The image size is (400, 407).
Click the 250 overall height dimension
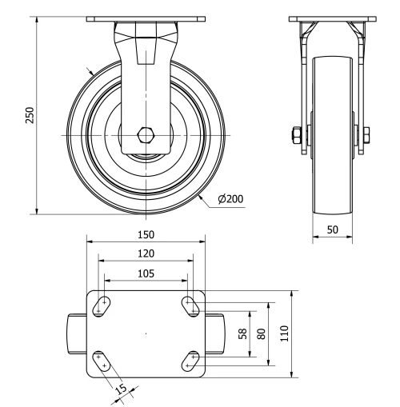pos(30,115)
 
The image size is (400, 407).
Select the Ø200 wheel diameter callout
pos(230,199)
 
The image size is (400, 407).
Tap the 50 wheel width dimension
pos(333,229)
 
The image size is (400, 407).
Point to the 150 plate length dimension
pos(146,234)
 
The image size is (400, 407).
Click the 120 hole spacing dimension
pos(146,253)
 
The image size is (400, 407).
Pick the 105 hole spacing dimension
pos(146,273)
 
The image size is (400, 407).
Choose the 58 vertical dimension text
pos(243,333)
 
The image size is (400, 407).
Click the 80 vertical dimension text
pos(262,333)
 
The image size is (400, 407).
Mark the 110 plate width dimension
pos(285,333)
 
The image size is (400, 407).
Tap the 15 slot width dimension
pos(122,389)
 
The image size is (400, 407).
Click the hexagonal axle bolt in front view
pos(146,135)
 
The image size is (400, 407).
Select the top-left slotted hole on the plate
pos(102,306)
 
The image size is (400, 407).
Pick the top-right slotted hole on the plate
pos(190,306)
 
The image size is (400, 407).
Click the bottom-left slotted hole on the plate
pos(102,361)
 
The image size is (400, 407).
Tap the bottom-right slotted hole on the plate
pos(190,361)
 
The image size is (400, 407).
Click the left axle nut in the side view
pos(297,135)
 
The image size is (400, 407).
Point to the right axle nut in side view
pos(366,135)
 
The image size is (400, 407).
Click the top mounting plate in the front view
pos(146,19)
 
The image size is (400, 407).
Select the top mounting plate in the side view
pos(333,19)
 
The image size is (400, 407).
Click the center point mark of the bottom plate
pos(146,333)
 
